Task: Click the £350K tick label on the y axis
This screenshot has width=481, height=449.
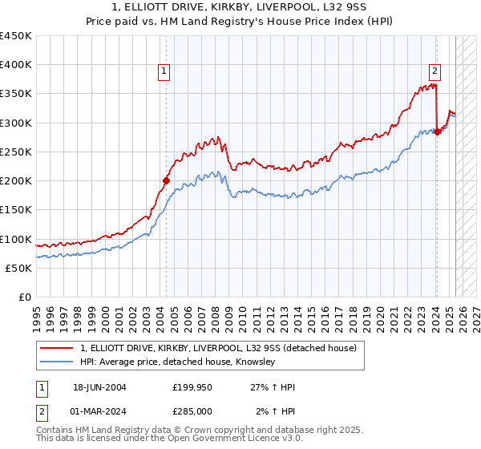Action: click(x=16, y=94)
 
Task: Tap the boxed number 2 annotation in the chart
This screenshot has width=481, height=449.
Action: click(x=435, y=70)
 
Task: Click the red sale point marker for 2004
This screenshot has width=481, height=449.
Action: click(x=166, y=181)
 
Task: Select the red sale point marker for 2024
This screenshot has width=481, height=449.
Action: click(x=437, y=132)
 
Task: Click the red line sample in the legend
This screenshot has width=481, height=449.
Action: click(x=58, y=348)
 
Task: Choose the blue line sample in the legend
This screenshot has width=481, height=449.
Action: click(x=58, y=362)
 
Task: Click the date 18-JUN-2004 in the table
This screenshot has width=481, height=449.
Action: click(x=99, y=387)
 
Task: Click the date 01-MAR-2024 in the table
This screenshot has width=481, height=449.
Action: click(x=99, y=411)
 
